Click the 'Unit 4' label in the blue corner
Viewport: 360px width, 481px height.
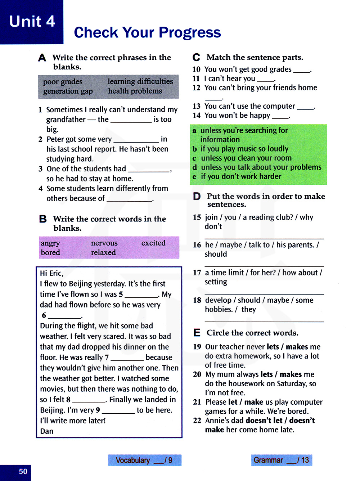coord(32,22)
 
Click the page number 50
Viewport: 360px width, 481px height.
coord(23,472)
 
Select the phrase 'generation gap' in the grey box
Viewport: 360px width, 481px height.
coord(68,91)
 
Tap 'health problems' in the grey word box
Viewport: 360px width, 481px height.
coord(135,91)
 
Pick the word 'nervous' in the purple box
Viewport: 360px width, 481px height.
coord(104,243)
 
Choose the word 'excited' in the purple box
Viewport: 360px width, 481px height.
coord(153,243)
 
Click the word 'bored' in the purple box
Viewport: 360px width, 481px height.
coord(50,252)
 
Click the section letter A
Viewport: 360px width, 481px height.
coord(42,58)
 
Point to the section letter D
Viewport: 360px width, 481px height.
coord(197,196)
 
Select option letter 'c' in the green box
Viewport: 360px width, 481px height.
coord(194,158)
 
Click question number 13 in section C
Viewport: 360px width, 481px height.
coord(196,106)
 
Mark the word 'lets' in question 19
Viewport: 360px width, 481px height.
coord(273,347)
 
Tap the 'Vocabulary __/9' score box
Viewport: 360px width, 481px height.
coord(145,460)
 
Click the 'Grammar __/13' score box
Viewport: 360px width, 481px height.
coord(282,460)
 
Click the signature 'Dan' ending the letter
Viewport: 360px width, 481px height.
coord(47,431)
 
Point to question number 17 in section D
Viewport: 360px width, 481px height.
coord(197,273)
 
